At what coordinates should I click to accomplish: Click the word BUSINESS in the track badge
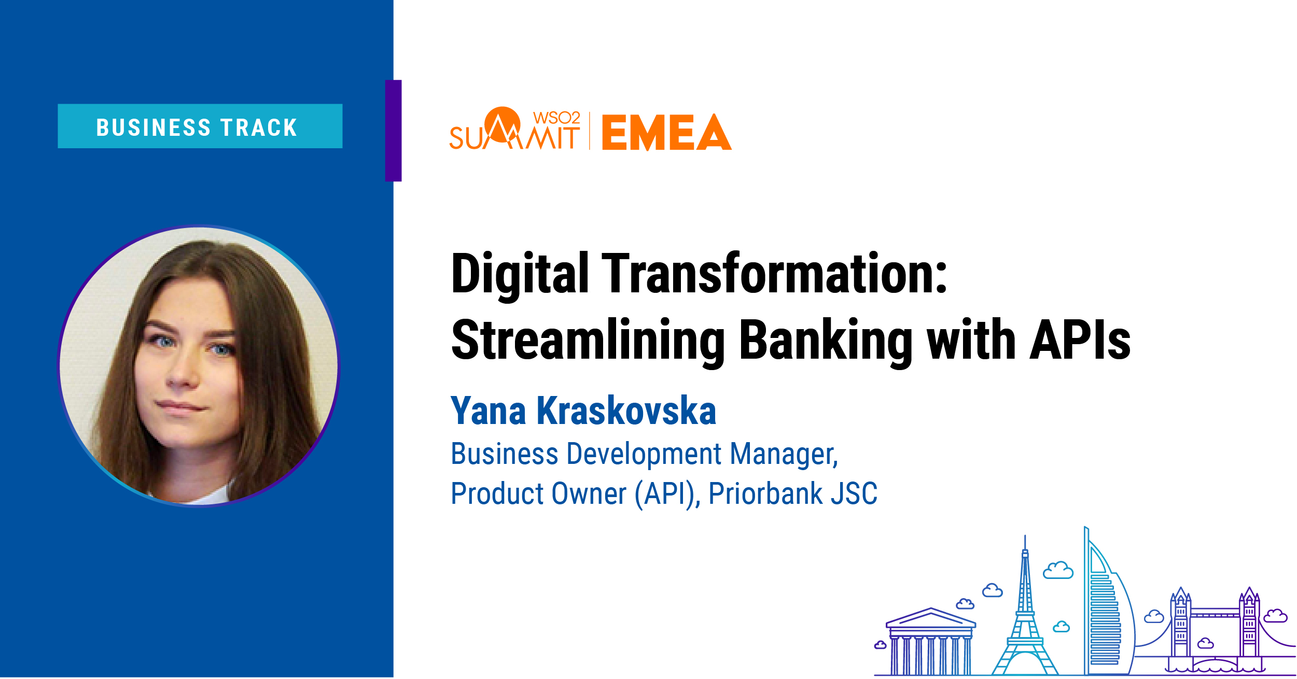(154, 128)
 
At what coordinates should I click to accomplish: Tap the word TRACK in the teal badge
(259, 128)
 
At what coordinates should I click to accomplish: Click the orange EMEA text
(667, 132)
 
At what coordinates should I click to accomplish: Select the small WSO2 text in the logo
(556, 118)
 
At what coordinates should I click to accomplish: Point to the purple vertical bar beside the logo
(393, 131)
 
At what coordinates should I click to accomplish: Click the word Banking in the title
(826, 341)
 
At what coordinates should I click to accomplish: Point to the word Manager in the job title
(784, 455)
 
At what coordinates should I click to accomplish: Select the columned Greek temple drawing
(931, 642)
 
